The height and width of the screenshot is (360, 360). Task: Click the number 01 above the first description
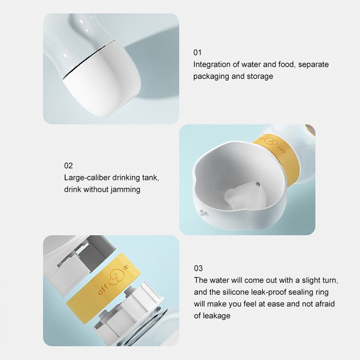197,53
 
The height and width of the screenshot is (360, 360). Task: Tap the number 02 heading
68,166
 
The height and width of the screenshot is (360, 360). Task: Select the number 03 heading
198,268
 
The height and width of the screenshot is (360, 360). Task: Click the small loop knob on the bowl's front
202,211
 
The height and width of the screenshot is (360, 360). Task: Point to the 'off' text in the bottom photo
103,289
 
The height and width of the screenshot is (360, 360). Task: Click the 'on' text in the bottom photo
126,267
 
